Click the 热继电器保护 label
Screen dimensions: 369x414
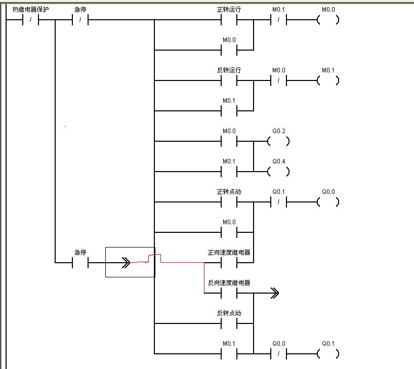click(x=31, y=10)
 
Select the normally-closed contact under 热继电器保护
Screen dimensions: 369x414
click(x=31, y=20)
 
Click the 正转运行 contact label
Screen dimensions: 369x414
click(x=229, y=10)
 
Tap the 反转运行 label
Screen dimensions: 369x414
click(x=229, y=70)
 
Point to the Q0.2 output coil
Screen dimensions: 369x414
click(x=279, y=142)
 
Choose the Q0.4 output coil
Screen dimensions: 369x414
click(x=279, y=172)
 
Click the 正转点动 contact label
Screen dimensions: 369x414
click(x=229, y=192)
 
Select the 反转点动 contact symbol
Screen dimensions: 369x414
click(x=229, y=324)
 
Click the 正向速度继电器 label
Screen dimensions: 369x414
click(x=229, y=253)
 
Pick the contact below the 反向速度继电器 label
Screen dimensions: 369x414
click(x=229, y=294)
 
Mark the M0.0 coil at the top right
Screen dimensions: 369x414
click(x=328, y=20)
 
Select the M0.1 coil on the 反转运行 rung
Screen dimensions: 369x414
click(x=328, y=81)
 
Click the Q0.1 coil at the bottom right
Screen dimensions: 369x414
click(x=328, y=354)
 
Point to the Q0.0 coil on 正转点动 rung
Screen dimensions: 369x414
click(x=328, y=202)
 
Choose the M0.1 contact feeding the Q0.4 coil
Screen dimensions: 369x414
click(x=229, y=172)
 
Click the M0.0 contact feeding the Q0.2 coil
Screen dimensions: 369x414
click(x=229, y=142)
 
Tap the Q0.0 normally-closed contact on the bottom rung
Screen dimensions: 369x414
click(x=279, y=354)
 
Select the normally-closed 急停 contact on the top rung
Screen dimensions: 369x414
click(x=80, y=20)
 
